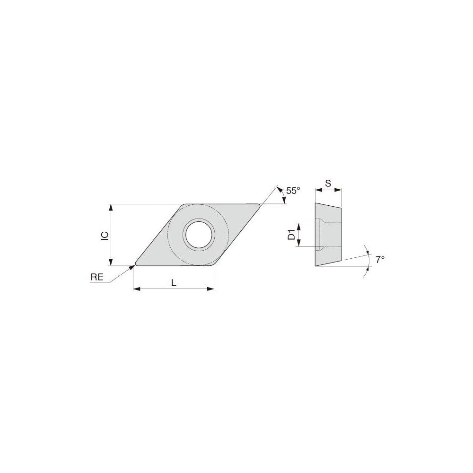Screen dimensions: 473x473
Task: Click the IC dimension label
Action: [x=105, y=235]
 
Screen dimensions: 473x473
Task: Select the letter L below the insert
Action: [x=174, y=283]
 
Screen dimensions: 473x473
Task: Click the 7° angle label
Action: [x=380, y=260]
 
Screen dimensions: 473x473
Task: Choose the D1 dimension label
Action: [x=292, y=234]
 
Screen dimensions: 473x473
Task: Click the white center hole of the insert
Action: [x=199, y=235]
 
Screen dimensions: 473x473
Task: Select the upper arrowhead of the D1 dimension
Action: [x=298, y=225]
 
